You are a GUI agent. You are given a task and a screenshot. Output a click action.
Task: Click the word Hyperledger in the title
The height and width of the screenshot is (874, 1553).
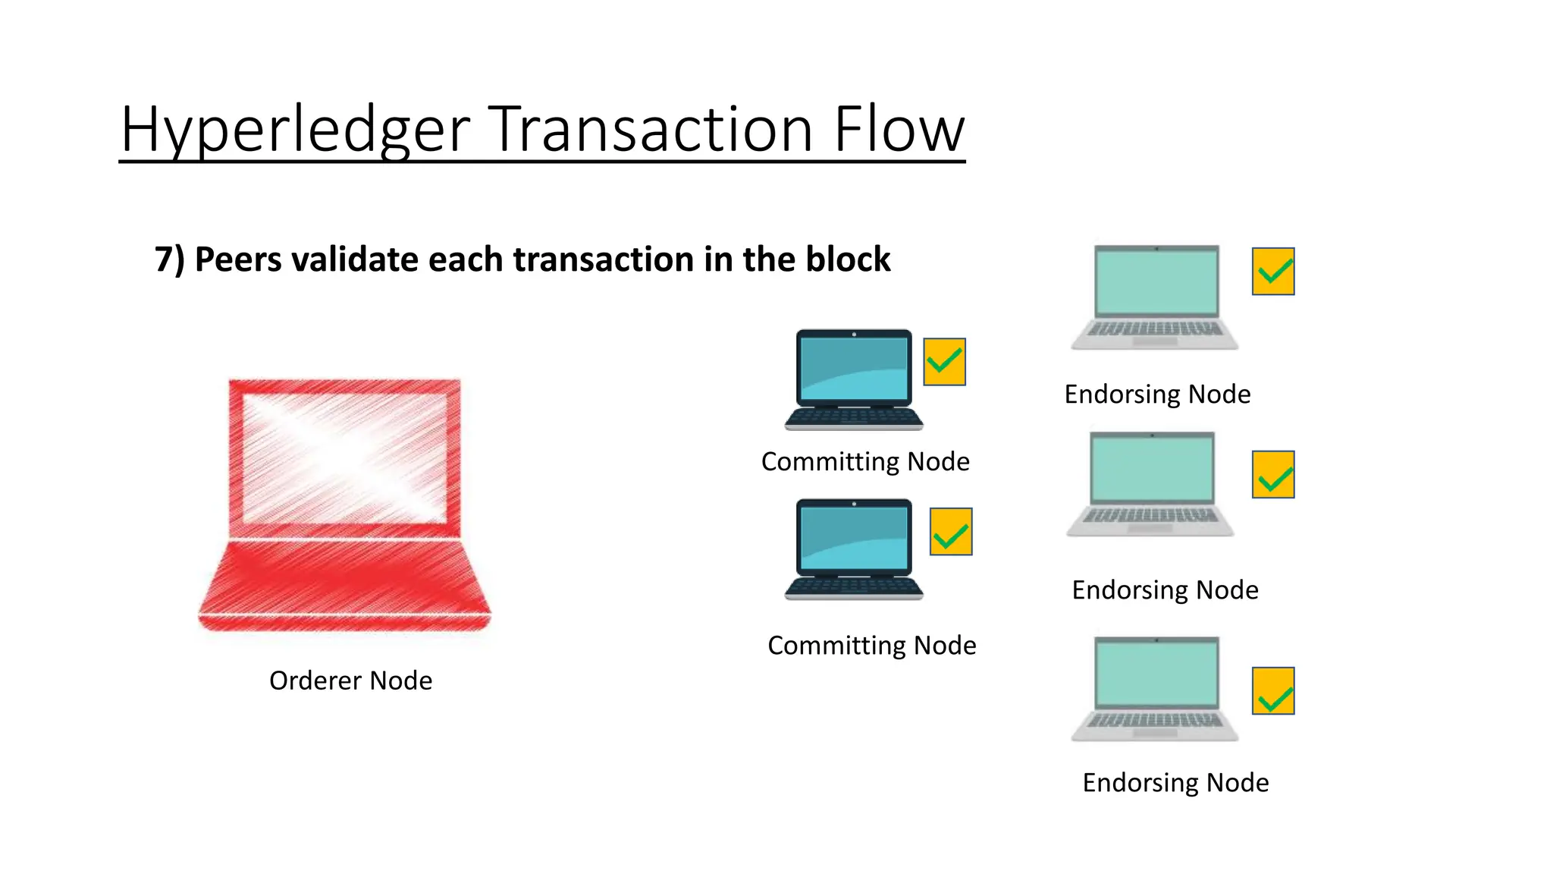pos(296,130)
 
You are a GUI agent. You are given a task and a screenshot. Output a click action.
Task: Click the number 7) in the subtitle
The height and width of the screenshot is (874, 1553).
pos(170,260)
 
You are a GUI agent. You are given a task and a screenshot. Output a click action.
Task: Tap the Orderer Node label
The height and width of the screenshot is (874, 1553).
pos(350,681)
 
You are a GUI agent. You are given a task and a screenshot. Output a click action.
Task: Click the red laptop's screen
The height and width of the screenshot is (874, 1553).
pos(345,458)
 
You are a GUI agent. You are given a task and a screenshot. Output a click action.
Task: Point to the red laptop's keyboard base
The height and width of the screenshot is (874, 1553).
pos(345,584)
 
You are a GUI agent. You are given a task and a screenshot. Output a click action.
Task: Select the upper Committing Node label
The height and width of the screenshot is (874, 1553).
pos(865,461)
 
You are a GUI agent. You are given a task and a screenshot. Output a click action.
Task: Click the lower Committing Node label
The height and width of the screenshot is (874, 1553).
pos(871,645)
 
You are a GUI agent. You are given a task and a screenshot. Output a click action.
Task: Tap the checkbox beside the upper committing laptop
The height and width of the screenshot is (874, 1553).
pos(944,362)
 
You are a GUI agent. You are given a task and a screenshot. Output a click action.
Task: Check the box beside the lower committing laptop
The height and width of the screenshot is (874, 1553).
pos(951,532)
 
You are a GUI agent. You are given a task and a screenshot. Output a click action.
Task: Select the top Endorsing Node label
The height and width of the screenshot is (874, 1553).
pos(1157,395)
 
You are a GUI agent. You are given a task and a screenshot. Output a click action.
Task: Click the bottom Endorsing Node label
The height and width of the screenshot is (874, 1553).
pos(1175,782)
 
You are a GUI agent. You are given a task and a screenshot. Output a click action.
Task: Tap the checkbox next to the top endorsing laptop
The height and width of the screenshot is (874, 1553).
pos(1272,272)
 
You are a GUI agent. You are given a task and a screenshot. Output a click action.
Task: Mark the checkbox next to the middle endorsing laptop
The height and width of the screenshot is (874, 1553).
pos(1272,475)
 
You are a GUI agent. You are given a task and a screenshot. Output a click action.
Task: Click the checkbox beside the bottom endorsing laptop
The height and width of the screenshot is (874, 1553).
pos(1272,691)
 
